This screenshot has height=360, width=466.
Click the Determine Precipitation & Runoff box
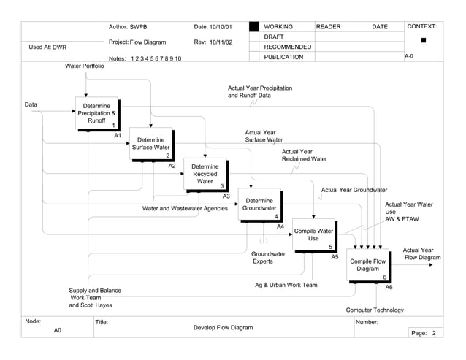97,114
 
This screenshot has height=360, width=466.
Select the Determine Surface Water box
150,144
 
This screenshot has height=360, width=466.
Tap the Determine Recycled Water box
205,175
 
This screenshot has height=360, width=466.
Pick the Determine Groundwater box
259,205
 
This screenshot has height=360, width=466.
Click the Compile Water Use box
313,235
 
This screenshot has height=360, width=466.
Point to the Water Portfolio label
85,66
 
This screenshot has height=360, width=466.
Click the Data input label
31,104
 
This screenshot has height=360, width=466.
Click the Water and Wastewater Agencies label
185,208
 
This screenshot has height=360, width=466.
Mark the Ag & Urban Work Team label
286,285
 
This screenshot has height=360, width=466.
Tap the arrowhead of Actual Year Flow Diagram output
438,265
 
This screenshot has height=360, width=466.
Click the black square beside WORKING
254,27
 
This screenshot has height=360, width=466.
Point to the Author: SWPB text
128,27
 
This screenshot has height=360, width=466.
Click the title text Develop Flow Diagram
223,328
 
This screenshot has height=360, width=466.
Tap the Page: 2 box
424,333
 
